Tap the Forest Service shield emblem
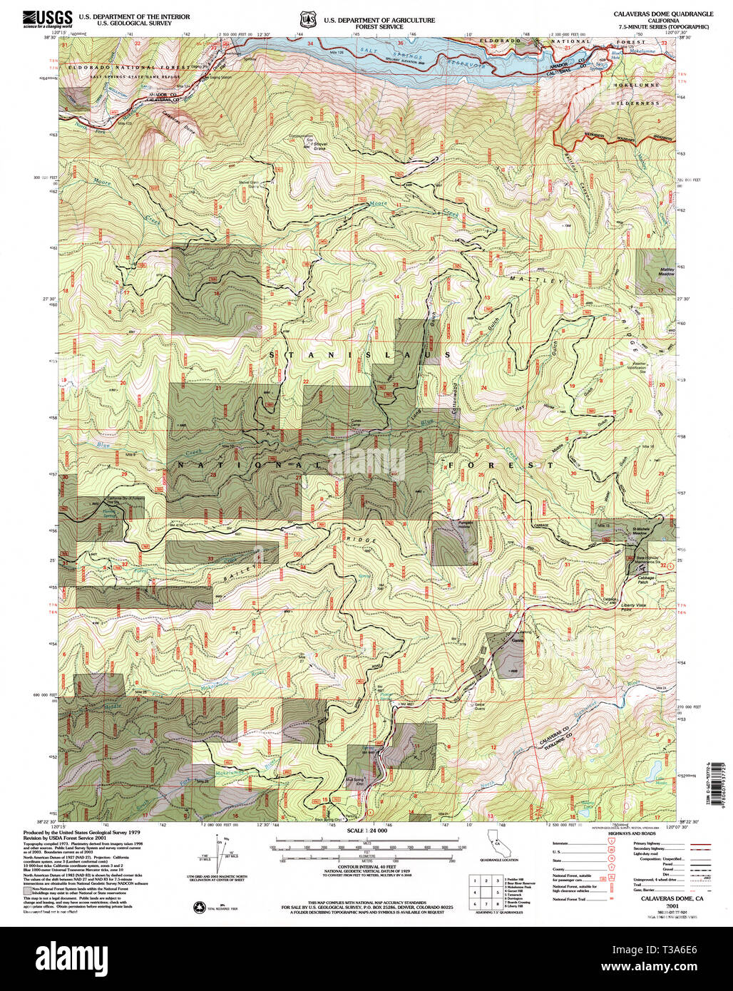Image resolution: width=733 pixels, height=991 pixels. pyautogui.click(x=307, y=19)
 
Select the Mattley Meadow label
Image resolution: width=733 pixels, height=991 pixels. pyautogui.click(x=666, y=272)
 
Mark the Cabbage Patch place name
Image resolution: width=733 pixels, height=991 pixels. pyautogui.click(x=645, y=580)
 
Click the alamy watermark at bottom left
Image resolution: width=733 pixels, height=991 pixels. pyautogui.click(x=68, y=957)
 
